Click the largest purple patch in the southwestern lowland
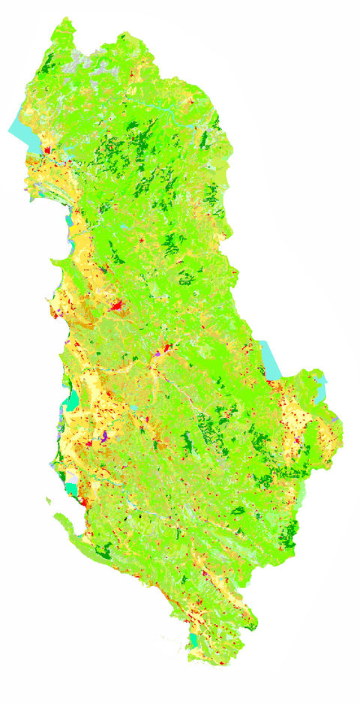tap(106, 434)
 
